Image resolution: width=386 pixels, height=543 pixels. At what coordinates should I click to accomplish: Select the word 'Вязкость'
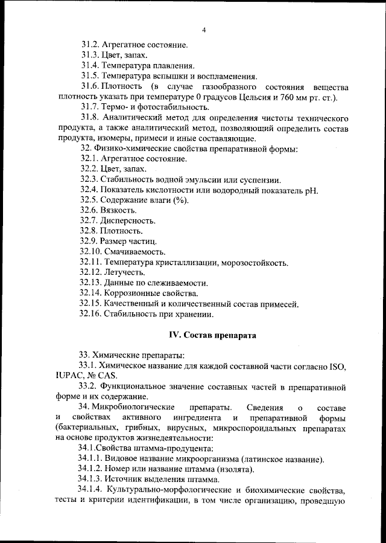121,211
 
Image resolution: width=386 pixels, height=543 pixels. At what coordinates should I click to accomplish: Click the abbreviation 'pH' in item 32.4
312,190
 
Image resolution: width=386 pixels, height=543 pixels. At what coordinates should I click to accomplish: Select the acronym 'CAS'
112,376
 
